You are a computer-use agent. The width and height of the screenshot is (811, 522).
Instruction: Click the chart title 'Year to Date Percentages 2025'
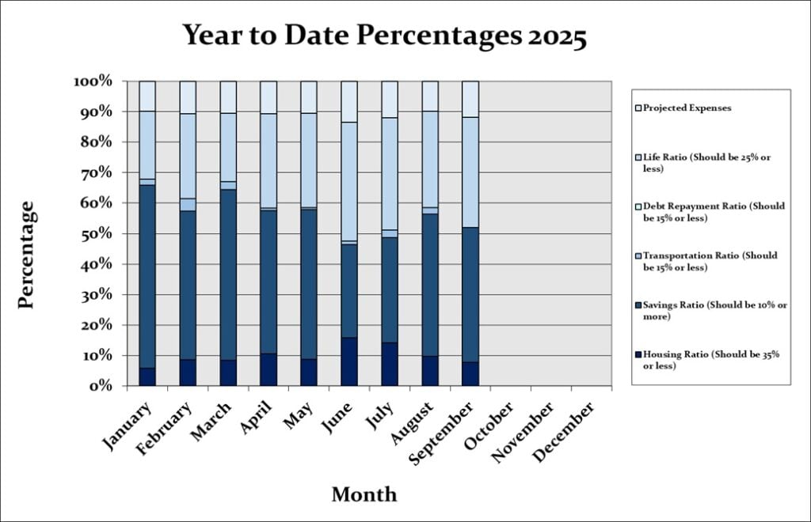[385, 36]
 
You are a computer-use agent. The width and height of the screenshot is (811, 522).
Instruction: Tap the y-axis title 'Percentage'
[26, 255]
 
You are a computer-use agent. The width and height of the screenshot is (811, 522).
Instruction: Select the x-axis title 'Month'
[364, 494]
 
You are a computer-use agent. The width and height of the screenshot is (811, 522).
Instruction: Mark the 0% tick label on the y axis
[102, 386]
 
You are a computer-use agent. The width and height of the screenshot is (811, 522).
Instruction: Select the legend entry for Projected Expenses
[686, 108]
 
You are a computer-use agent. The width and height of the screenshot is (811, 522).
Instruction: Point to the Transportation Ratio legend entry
[710, 261]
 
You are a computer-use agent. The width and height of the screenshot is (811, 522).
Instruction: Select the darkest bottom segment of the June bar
[348, 361]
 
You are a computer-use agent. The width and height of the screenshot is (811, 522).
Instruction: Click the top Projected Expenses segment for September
[470, 99]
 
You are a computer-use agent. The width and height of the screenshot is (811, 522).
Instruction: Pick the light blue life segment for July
[389, 173]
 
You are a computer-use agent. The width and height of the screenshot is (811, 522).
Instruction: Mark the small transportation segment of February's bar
[188, 205]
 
